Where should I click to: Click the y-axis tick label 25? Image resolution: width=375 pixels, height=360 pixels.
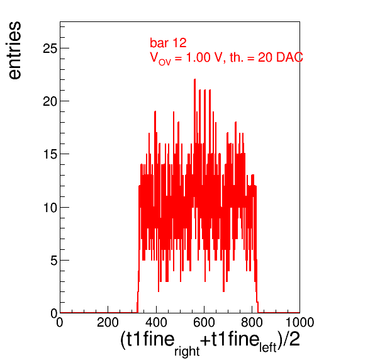(50, 48)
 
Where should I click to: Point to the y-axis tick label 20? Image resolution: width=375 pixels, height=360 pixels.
(50, 101)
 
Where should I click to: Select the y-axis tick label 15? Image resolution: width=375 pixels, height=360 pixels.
(50, 154)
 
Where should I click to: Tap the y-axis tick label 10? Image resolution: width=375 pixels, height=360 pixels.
(50, 208)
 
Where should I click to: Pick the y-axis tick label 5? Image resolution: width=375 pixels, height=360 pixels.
(54, 261)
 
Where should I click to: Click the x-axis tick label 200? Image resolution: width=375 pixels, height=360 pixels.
(108, 322)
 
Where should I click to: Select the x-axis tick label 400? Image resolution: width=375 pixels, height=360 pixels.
(156, 322)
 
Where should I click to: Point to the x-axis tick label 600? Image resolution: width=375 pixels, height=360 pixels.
(204, 322)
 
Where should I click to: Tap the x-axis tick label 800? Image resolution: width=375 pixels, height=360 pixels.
(252, 322)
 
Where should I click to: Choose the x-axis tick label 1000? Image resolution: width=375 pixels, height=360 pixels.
(300, 322)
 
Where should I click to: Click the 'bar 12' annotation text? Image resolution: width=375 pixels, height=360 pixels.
(168, 43)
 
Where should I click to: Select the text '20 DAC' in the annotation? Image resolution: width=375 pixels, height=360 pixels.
(280, 57)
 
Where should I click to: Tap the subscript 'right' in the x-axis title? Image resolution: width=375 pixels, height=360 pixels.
(187, 351)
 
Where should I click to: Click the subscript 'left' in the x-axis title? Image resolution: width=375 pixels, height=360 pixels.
(268, 347)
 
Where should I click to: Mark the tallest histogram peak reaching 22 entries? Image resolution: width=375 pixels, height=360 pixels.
(194, 79)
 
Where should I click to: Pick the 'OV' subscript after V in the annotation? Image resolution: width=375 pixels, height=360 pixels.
(165, 62)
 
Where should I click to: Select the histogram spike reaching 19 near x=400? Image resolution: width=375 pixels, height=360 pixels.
(155, 111)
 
